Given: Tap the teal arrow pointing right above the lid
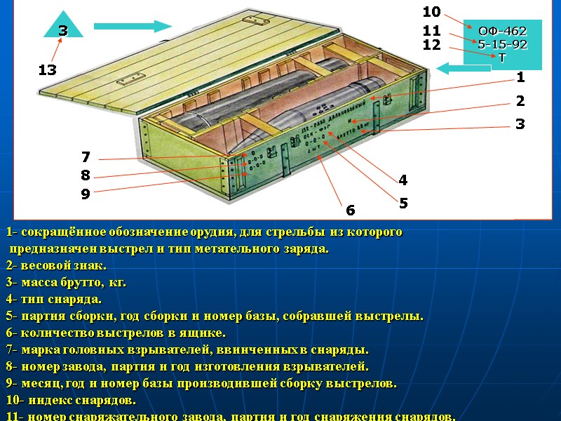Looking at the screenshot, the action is click(133, 27).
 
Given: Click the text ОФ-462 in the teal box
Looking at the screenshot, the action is click(502, 32).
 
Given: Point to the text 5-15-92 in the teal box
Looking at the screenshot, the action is click(502, 45).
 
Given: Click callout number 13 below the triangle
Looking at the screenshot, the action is click(48, 70).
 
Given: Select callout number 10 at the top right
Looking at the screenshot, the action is click(431, 12).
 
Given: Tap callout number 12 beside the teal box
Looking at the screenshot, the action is click(431, 45).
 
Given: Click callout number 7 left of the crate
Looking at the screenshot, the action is click(86, 157).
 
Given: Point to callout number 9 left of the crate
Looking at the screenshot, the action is click(86, 194).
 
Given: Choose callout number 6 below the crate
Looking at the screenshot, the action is click(351, 210).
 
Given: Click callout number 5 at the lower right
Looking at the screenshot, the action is click(403, 203).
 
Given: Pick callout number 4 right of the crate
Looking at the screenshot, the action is click(403, 180).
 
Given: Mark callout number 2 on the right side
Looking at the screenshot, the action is click(520, 101).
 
